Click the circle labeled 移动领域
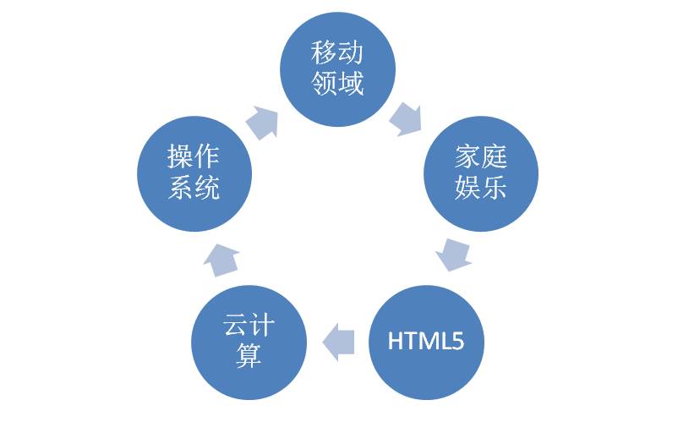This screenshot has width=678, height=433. [337, 69]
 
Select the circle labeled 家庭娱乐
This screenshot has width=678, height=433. [480, 173]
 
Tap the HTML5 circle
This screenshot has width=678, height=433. [425, 342]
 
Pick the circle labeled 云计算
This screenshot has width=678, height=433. [249, 342]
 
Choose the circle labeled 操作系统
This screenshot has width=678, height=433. [194, 173]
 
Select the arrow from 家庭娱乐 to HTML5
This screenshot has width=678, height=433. [453, 253]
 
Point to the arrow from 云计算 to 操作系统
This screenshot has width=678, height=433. [221, 257]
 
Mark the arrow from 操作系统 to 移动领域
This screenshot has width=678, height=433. [263, 123]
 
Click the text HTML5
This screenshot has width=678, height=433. [425, 342]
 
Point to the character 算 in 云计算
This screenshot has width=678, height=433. [249, 356]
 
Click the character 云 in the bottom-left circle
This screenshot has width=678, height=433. [236, 326]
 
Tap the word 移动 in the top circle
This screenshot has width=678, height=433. [337, 54]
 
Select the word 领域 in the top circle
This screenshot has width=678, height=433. [337, 85]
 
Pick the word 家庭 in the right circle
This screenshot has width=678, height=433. [480, 157]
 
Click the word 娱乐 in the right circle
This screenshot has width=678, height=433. [480, 188]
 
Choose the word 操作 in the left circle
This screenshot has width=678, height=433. [194, 157]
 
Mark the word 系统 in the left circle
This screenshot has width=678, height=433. [194, 188]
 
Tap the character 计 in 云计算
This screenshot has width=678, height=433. [262, 326]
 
